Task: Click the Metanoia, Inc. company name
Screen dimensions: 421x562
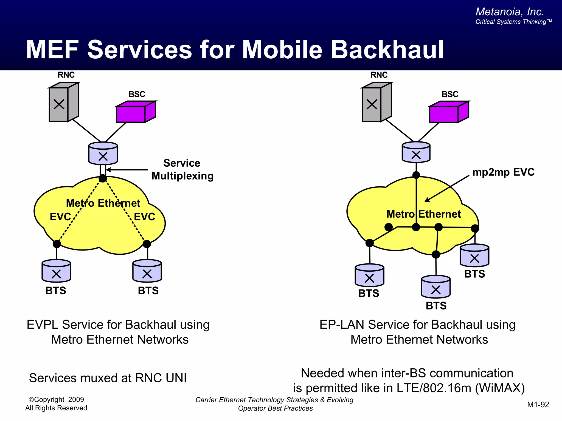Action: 510,12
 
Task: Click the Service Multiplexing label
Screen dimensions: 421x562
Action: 182,170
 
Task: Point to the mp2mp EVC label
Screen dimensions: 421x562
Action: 503,172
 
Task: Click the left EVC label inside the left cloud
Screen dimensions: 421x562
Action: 60,217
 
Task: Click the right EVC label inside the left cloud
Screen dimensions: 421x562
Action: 144,217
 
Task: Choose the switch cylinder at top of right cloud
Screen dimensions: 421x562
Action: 416,153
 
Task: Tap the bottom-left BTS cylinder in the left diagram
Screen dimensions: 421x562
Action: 56,271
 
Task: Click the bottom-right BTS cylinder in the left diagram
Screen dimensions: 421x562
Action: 147,271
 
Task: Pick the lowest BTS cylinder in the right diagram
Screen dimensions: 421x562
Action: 436,287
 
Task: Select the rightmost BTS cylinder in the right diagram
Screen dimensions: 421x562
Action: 474,256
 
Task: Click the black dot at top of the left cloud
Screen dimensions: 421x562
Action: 103,178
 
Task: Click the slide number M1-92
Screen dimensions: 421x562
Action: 538,405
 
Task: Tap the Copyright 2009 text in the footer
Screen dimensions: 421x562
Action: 56,400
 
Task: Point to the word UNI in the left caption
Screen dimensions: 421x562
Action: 176,378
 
